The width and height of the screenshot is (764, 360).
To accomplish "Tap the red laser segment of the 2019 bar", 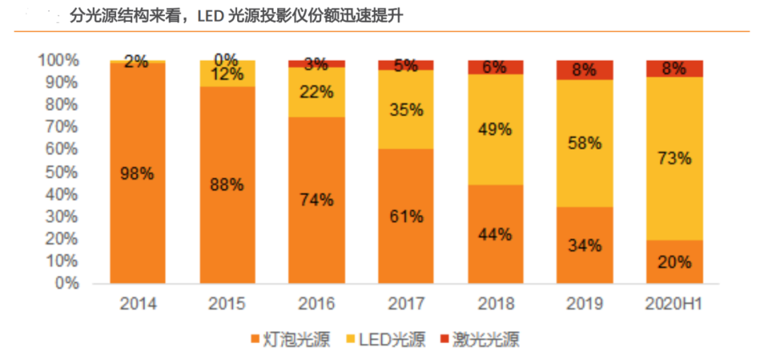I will tap(584, 70).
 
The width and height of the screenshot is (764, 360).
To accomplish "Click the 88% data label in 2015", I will tap(226, 185).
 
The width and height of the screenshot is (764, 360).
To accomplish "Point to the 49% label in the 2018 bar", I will tap(494, 129).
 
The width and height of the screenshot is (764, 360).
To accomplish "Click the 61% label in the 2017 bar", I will tap(405, 216).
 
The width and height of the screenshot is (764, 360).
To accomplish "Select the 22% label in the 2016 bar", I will tap(316, 92).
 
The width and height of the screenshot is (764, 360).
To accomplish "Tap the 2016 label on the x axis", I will tap(316, 304).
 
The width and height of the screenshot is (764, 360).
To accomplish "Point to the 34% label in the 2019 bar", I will tap(584, 245).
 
